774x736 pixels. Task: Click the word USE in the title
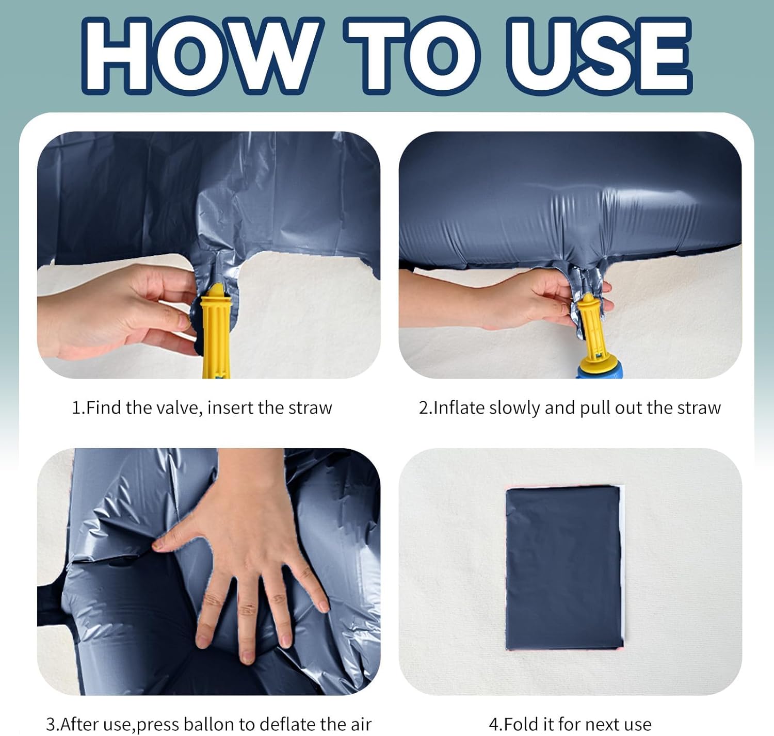(599, 56)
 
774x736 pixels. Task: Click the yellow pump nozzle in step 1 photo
(216, 331)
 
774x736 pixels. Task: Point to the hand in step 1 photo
(118, 311)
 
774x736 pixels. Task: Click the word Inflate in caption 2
(459, 408)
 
